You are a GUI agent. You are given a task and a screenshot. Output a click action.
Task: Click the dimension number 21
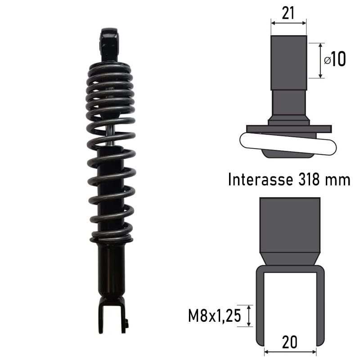[288, 13]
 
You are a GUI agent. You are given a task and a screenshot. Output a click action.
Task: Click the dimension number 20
[290, 342]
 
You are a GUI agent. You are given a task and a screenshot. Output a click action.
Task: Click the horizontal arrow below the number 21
[288, 21]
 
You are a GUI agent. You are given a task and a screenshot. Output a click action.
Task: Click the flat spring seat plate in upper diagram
[288, 129]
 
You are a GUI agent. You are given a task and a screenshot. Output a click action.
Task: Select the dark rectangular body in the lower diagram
[290, 225]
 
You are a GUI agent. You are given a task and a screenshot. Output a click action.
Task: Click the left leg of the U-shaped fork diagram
[260, 306]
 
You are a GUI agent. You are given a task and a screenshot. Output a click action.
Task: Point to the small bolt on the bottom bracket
[127, 323]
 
